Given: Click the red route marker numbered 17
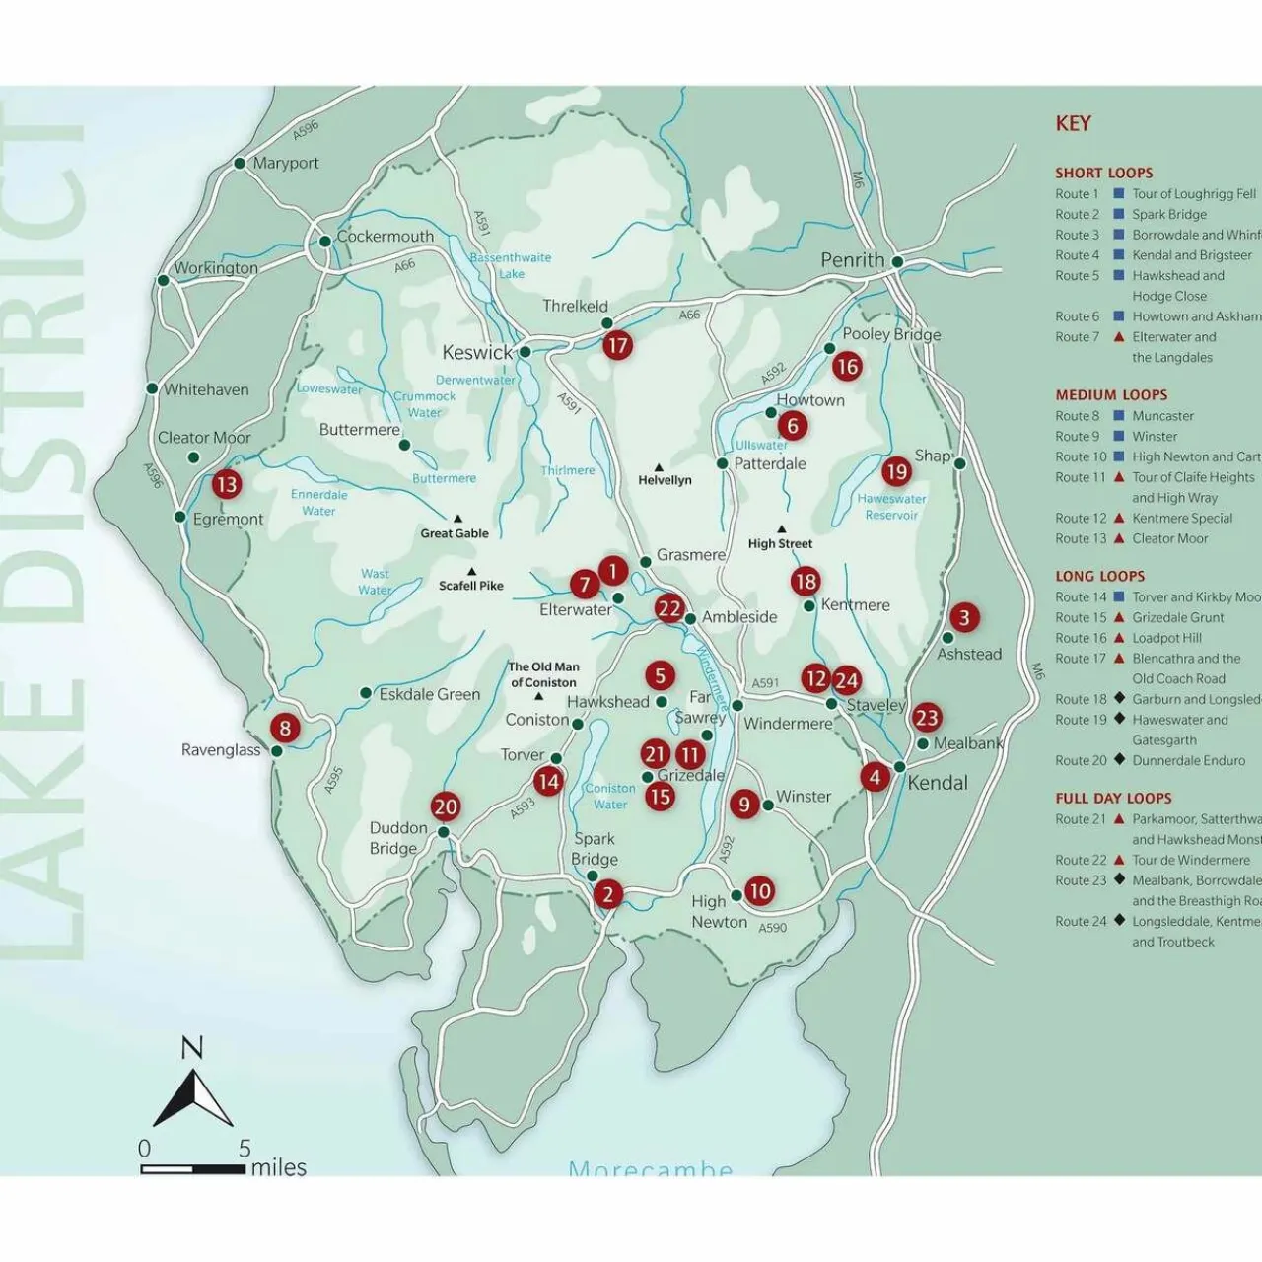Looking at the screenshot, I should pyautogui.click(x=617, y=345).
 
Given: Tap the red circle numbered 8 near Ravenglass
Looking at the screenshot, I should pyautogui.click(x=285, y=728).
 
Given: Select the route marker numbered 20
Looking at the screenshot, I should pyautogui.click(x=446, y=806).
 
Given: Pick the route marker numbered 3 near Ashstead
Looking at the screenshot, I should pyautogui.click(x=963, y=618).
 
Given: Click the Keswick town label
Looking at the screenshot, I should pyautogui.click(x=477, y=353).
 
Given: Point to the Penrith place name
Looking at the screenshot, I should pyautogui.click(x=853, y=260).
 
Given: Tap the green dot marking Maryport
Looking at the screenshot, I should pyautogui.click(x=240, y=163).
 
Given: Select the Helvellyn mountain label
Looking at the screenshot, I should pyautogui.click(x=665, y=480).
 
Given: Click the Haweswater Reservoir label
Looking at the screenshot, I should pyautogui.click(x=891, y=507).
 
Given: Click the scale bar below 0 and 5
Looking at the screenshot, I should pyautogui.click(x=193, y=1169).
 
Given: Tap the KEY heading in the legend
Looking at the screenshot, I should pyautogui.click(x=1073, y=124).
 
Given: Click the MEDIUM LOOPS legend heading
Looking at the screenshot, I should pyautogui.click(x=1111, y=394).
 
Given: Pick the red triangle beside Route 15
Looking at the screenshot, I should pyautogui.click(x=1119, y=617).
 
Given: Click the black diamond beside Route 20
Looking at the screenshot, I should pyautogui.click(x=1119, y=760).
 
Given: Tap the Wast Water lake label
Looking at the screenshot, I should pyautogui.click(x=375, y=582).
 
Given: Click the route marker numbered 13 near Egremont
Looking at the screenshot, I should pyautogui.click(x=227, y=484).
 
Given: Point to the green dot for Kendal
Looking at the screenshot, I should pyautogui.click(x=900, y=767).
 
